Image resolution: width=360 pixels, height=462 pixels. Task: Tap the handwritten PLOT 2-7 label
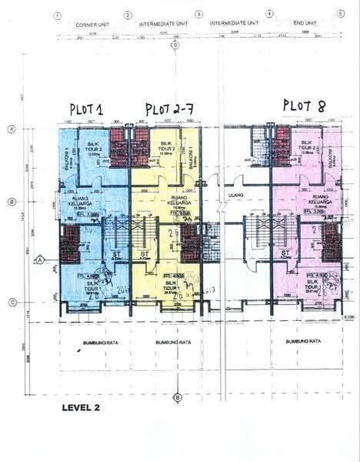click(x=173, y=109)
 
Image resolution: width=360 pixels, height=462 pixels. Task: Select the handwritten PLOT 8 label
click(x=306, y=105)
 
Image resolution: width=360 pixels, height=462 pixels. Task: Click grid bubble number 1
click(x=57, y=15)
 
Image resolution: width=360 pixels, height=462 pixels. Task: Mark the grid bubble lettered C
click(x=12, y=302)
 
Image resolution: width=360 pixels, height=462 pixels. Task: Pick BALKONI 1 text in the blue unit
click(x=67, y=157)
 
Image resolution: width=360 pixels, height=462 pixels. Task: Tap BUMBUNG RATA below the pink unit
click(x=302, y=340)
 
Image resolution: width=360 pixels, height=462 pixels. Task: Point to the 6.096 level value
click(x=349, y=306)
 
